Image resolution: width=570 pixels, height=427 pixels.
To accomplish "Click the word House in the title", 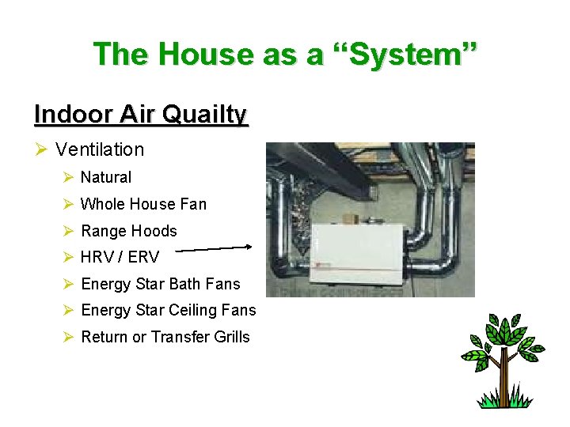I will click(204, 55).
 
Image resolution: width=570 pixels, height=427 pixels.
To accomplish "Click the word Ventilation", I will click(100, 149).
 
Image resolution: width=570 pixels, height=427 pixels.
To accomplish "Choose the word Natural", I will click(106, 177).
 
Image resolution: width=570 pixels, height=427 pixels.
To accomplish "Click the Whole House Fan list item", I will click(143, 204).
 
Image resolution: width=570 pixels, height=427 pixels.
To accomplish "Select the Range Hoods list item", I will click(129, 231).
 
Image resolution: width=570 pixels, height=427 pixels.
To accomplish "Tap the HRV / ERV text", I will click(120, 257).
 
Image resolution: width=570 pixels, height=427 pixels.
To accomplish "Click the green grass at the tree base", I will click(501, 402).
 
